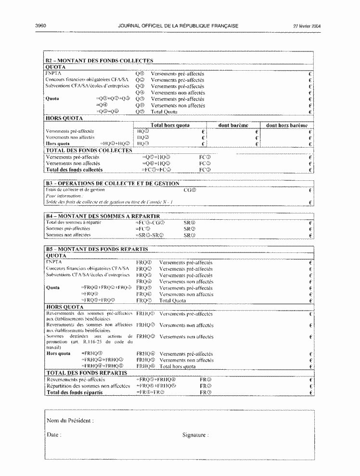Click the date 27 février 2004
tap(307, 26)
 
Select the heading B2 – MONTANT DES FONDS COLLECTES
tap(99, 61)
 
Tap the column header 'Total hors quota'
tap(170, 125)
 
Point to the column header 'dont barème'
tap(233, 125)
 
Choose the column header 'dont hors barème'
tap(286, 125)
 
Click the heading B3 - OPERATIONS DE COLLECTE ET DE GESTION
tap(112, 184)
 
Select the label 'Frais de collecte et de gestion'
tap(75, 190)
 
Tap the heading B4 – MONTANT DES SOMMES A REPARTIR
tap(102, 216)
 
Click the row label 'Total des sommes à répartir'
tap(74, 223)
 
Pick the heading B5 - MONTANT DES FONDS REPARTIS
tap(97, 249)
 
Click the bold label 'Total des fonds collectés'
tap(74, 170)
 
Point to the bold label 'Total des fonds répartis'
tap(74, 392)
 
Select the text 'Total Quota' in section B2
tap(164, 112)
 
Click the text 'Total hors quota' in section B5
tap(178, 366)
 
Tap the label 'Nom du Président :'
tap(70, 421)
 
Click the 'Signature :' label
tap(195, 435)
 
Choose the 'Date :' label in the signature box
tap(54, 435)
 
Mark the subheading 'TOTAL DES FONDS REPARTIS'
tap(86, 373)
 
